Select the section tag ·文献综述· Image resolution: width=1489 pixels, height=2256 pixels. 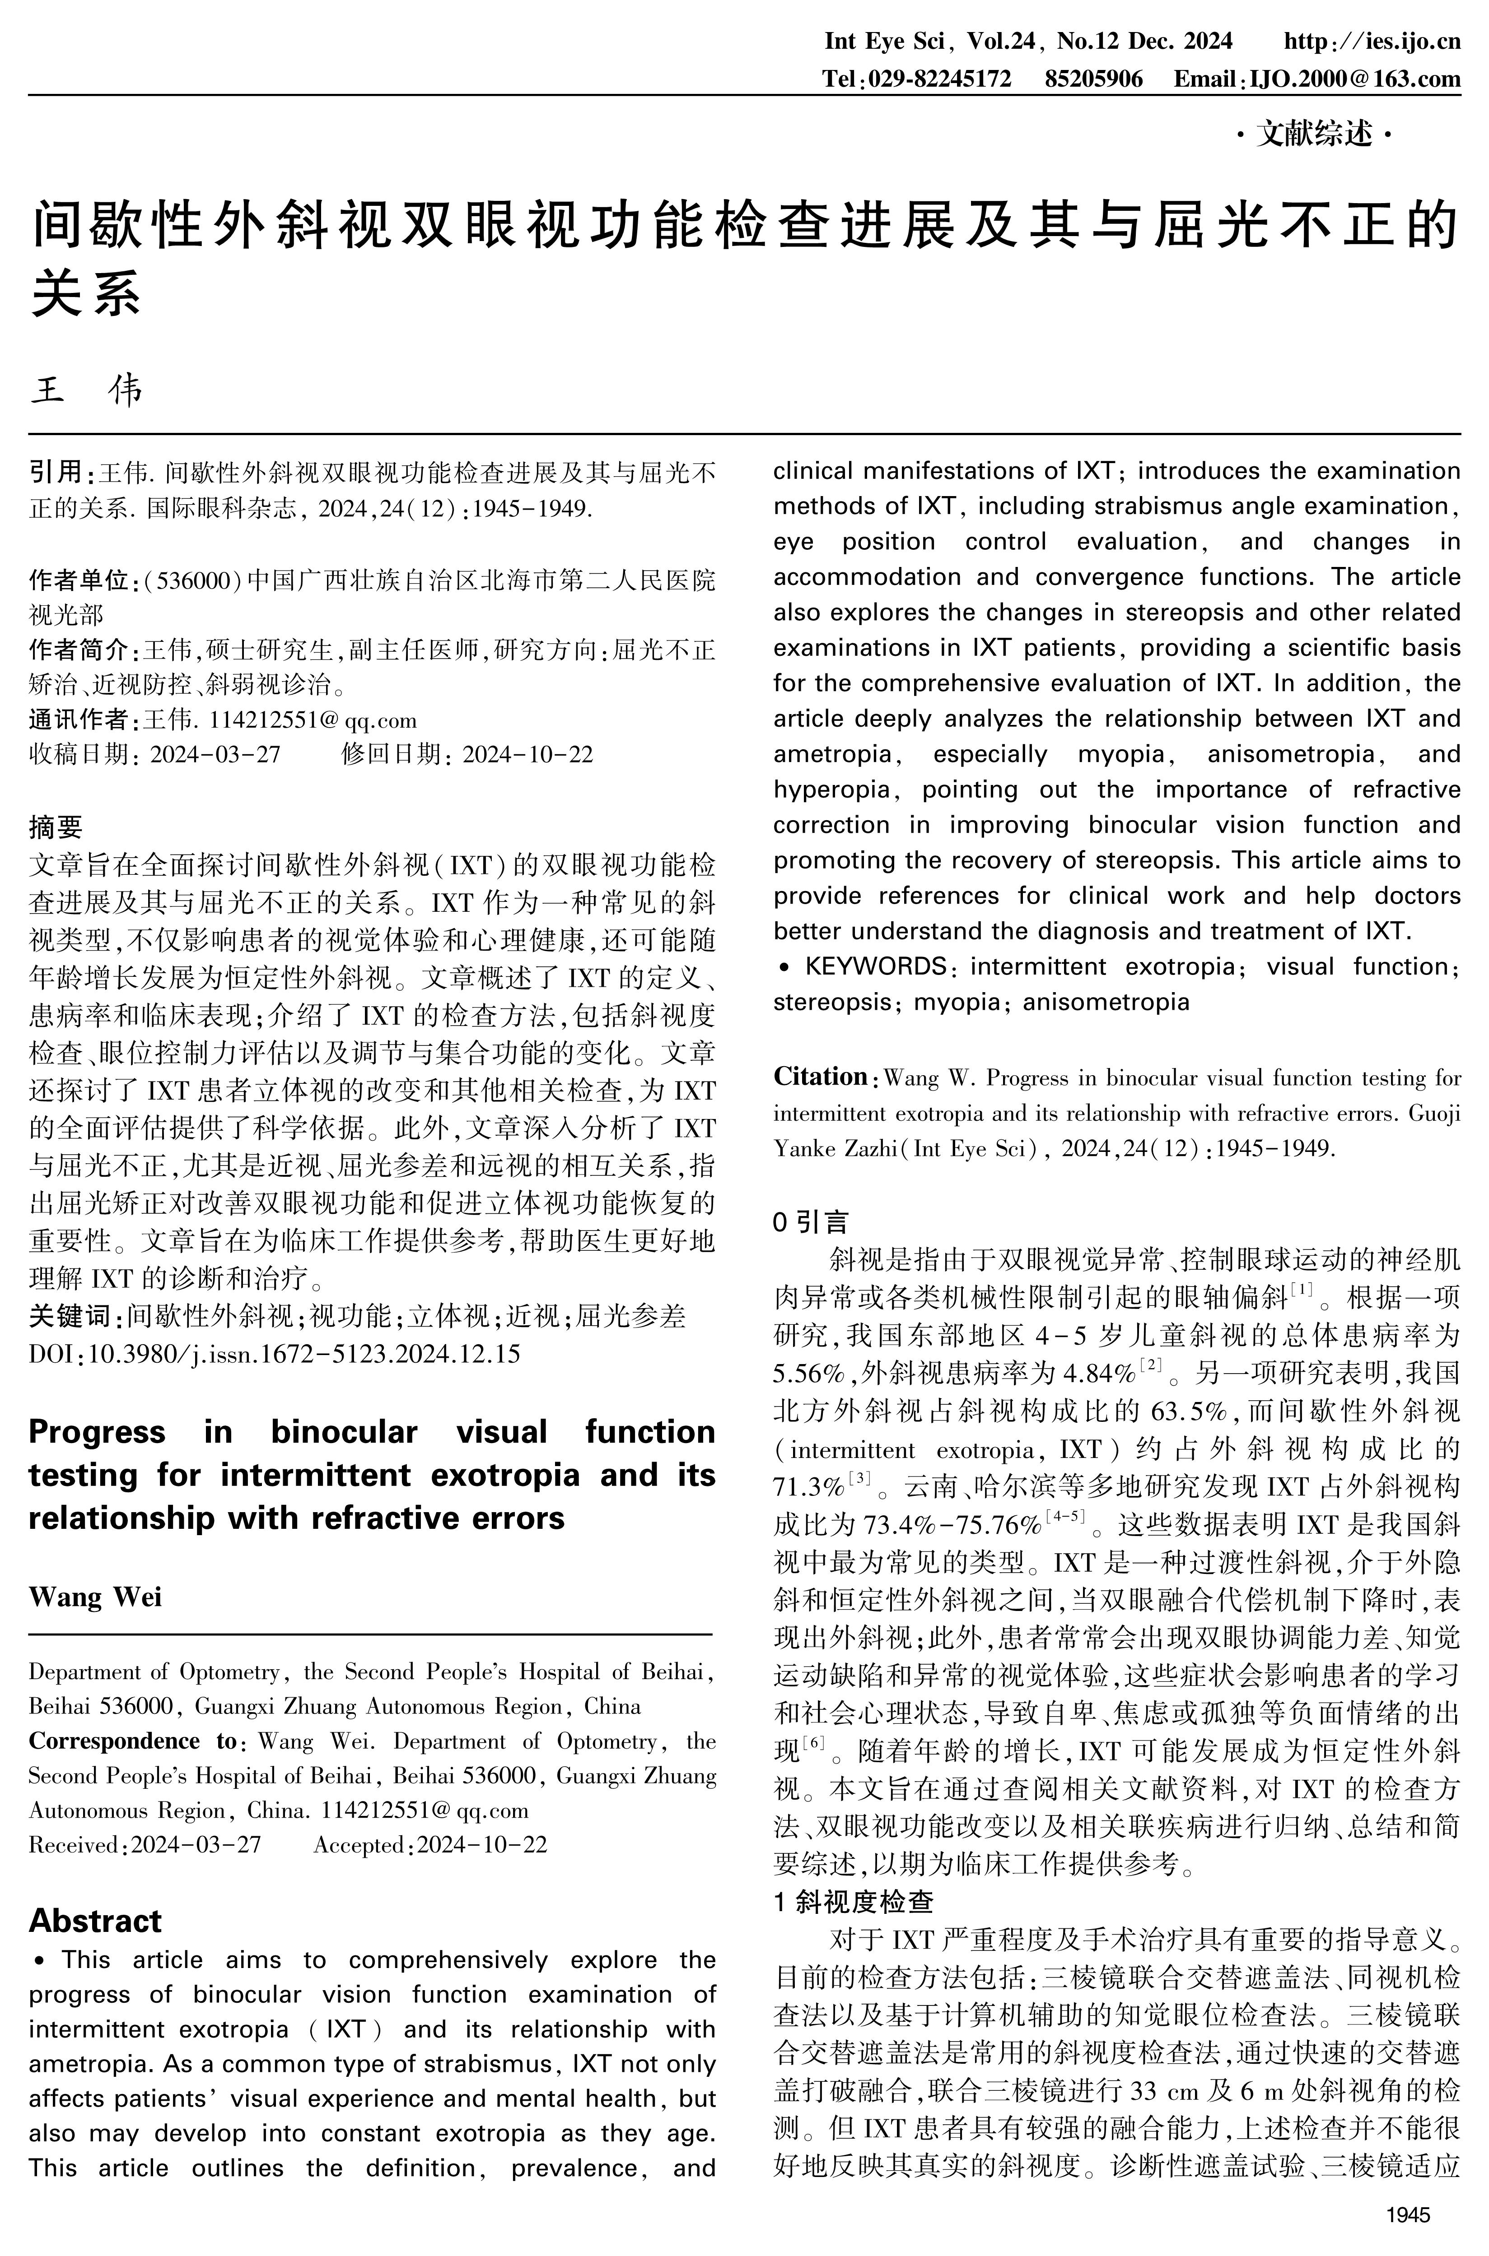pos(1314,135)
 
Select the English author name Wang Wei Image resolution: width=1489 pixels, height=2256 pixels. pos(95,1597)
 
